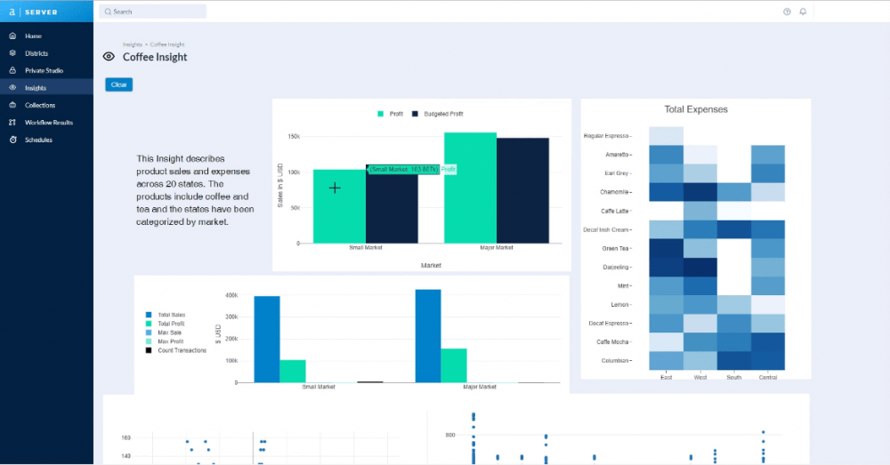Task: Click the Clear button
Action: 118,84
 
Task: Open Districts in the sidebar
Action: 36,53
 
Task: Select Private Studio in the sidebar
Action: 44,70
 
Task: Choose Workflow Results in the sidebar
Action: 49,122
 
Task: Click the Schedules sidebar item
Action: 38,140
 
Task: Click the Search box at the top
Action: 152,12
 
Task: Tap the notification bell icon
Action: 803,12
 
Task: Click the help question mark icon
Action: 787,12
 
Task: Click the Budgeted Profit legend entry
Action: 442,114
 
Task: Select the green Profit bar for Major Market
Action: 470,187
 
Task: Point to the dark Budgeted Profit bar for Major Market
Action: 522,189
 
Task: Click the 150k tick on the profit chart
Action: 293,137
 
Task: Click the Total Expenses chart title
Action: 695,109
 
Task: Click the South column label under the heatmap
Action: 734,377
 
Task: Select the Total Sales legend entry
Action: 170,315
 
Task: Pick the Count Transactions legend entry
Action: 181,350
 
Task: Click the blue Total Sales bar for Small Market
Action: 267,339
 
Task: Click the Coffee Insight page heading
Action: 154,57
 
